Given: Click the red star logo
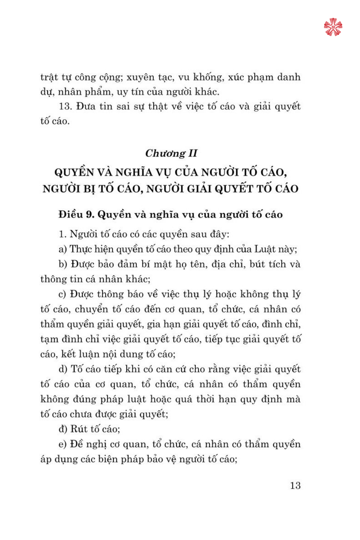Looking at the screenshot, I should pos(333,27).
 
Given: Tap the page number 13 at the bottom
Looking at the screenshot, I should pos(295,485).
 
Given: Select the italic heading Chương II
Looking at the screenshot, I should pos(171,153).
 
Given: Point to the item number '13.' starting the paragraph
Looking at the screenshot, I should pos(66,107).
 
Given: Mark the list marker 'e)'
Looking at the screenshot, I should pos(63,444).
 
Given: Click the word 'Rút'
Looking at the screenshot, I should pos(79,429).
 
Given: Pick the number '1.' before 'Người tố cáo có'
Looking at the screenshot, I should pos(63,234).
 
